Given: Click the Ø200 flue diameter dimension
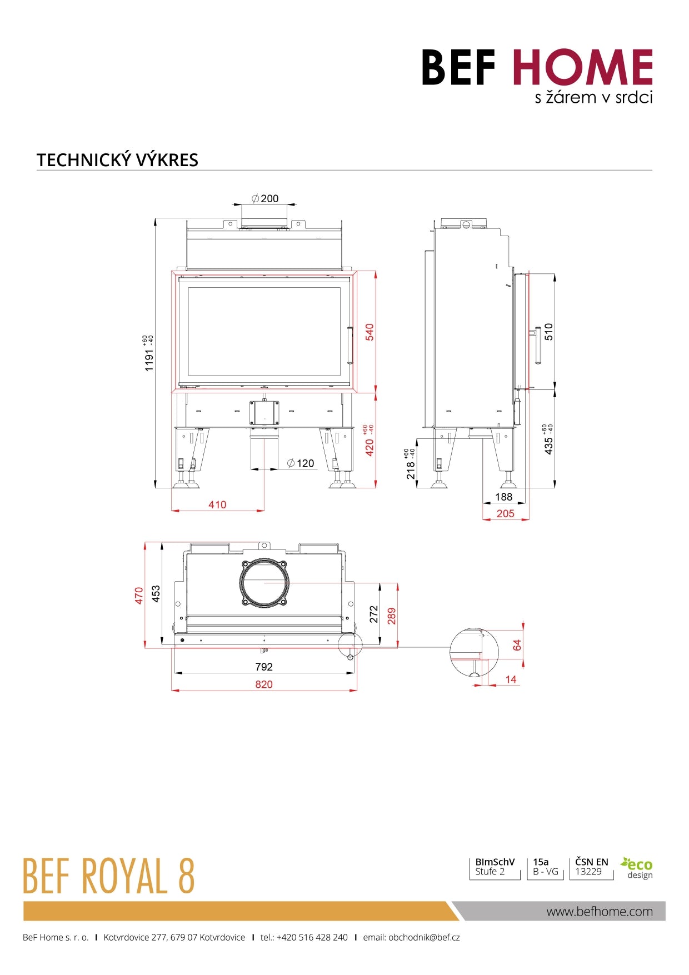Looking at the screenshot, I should (x=266, y=198).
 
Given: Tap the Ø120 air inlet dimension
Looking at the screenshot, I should (x=301, y=463).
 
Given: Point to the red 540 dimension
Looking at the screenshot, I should (x=370, y=332).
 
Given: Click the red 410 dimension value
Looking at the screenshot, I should (x=217, y=504).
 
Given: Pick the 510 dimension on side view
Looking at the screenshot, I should (x=549, y=332).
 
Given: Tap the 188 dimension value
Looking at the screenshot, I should (x=503, y=497).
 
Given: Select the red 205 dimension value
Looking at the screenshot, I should (x=505, y=513).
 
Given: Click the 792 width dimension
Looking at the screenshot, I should (x=264, y=667).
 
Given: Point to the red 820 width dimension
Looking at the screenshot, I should (x=264, y=684).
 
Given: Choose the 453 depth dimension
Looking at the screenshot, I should (x=156, y=593).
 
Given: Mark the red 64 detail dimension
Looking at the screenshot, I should (x=517, y=645).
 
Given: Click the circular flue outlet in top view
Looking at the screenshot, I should (x=264, y=583).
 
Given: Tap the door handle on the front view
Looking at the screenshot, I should (x=350, y=345).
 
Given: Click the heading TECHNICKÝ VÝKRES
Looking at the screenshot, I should (x=117, y=160).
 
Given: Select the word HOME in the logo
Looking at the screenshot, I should (x=582, y=68).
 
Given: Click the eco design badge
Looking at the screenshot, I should (x=637, y=868).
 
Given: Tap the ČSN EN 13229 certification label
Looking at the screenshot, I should (x=591, y=867).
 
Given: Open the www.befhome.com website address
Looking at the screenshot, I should (x=600, y=911).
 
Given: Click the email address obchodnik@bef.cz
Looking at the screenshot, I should (x=423, y=937).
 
